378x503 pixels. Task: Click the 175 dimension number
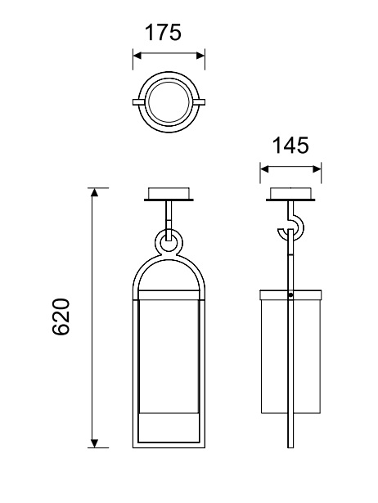point(163,32)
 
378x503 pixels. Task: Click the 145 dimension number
point(290,145)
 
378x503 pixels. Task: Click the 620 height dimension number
point(61,317)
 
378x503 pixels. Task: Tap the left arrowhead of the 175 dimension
point(137,56)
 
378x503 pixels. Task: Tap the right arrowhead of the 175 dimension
point(201,56)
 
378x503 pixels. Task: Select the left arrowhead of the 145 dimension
point(264,168)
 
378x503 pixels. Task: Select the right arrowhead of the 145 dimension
point(317,168)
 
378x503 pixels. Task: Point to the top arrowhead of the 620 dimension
point(94,192)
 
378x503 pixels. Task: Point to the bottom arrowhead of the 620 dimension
point(94,443)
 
